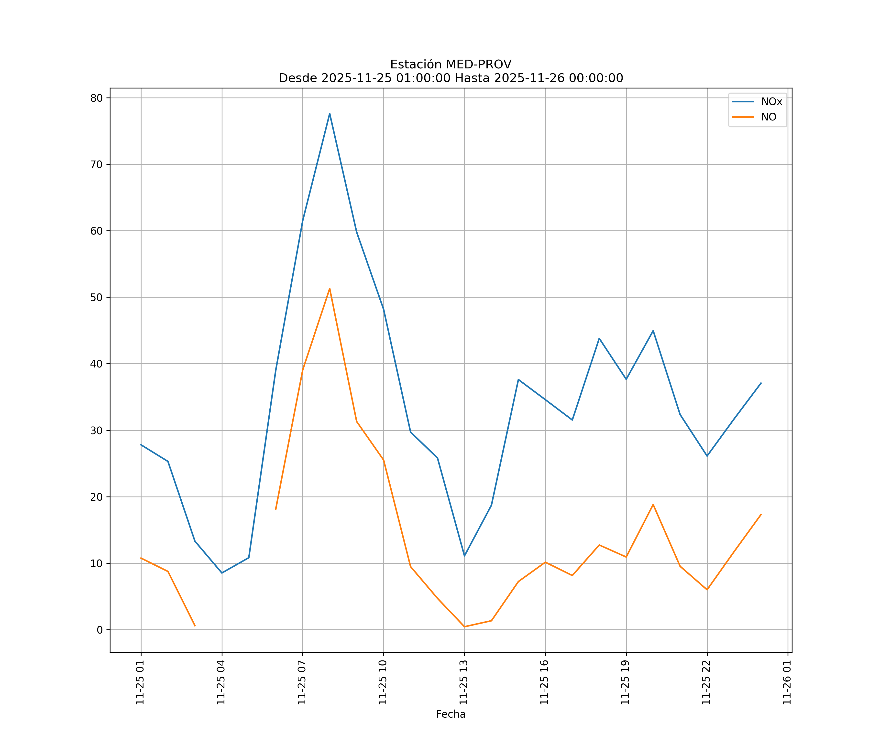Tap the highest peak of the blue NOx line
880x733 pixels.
[x=330, y=114]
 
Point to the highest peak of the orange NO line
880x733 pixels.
[x=330, y=289]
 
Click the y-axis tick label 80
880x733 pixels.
[x=96, y=98]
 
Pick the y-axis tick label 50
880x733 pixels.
[x=96, y=297]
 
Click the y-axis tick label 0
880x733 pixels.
[x=100, y=630]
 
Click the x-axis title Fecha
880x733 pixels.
[x=451, y=714]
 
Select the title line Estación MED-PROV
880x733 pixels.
[x=451, y=65]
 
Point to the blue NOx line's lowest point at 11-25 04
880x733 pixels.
[x=222, y=572]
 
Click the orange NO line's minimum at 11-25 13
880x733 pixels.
[x=464, y=627]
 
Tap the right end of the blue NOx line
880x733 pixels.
[x=761, y=383]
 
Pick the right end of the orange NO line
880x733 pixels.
[x=761, y=514]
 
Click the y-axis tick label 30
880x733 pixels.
[x=96, y=431]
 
